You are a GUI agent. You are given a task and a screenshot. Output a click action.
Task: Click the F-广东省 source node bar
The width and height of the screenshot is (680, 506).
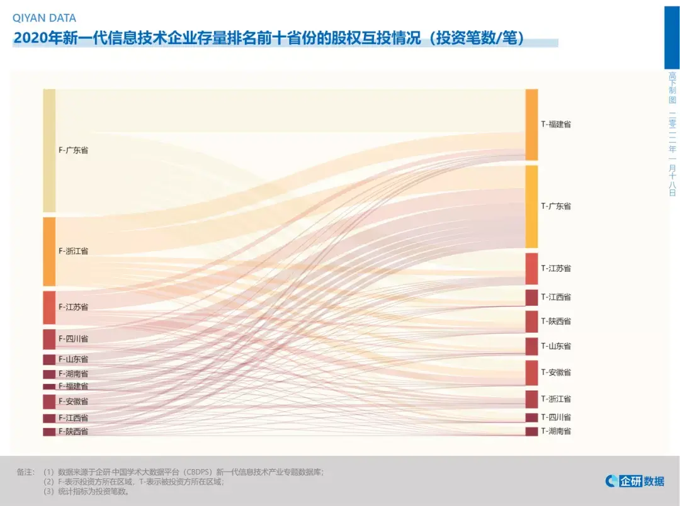point(49,150)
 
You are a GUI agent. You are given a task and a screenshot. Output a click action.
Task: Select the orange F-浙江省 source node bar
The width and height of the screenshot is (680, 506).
point(49,251)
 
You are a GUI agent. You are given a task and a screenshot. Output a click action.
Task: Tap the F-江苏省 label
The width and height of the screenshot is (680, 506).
point(73,307)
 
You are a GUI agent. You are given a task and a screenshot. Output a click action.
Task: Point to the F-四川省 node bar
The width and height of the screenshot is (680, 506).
point(49,339)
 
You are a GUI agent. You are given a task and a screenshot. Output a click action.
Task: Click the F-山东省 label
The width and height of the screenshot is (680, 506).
point(73,359)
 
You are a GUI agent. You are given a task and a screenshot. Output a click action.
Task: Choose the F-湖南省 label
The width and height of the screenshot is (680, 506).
point(73,374)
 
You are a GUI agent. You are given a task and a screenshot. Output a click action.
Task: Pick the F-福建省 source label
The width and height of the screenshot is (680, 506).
point(73,386)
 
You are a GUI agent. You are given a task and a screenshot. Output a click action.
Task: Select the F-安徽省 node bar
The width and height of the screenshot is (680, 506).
point(49,402)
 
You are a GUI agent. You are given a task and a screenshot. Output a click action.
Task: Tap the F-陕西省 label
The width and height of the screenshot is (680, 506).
point(73,432)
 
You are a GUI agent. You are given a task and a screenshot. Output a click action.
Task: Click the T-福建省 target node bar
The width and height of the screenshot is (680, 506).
point(531,125)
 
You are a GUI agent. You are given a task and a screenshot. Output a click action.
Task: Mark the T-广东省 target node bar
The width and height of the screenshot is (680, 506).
point(531,206)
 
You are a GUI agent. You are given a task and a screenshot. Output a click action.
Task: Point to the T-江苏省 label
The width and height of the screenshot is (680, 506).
point(556,269)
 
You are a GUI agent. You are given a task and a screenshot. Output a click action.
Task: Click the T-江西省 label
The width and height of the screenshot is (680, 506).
point(556,297)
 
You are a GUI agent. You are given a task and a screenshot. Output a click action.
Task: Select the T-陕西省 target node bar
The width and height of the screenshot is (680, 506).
point(531,322)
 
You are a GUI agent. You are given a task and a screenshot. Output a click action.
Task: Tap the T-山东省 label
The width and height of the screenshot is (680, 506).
point(556,346)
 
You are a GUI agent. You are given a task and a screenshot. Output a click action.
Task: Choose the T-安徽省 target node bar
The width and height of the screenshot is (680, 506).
point(531,373)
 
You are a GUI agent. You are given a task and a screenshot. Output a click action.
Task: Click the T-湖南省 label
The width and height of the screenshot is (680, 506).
point(556,431)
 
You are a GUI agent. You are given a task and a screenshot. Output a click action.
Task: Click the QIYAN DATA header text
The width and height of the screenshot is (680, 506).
point(44,19)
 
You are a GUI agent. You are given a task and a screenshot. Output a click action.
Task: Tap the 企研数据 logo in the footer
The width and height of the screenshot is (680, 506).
point(635,481)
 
